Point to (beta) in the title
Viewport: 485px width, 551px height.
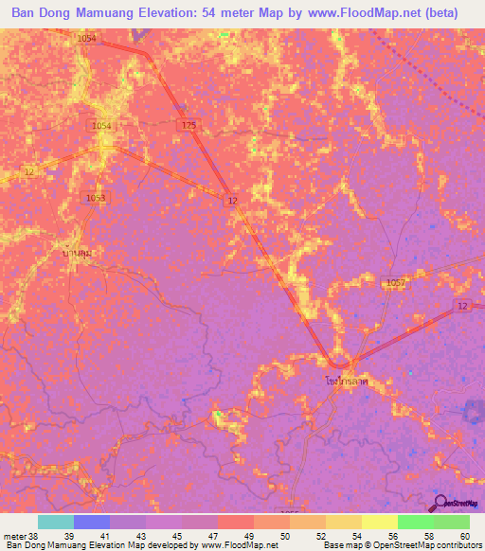click(x=440, y=13)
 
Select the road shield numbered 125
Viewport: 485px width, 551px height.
click(x=189, y=125)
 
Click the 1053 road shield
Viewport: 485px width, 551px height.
click(x=97, y=197)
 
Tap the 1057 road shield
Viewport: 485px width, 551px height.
click(x=396, y=283)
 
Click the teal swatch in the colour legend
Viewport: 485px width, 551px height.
click(x=56, y=522)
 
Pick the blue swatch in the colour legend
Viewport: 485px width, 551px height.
click(x=92, y=522)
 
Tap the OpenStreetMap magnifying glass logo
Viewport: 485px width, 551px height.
click(x=440, y=503)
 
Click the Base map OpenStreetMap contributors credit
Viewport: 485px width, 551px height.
click(x=402, y=545)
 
